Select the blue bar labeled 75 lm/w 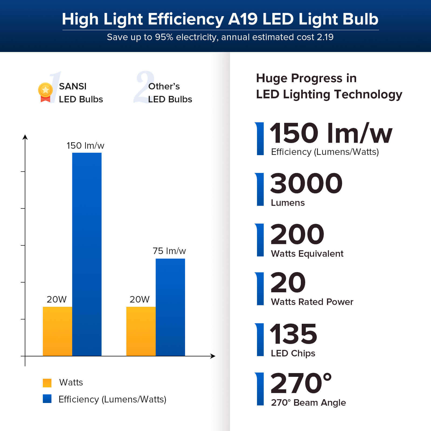point(170,307)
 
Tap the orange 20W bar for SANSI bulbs point(57,331)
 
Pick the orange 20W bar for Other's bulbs point(141,331)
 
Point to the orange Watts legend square point(47,383)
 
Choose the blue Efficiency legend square point(47,399)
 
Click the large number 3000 point(306,183)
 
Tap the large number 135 point(293,334)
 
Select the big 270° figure point(301,383)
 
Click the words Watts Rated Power point(312,302)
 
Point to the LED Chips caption point(293,353)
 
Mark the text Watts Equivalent point(307,254)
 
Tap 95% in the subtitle point(164,37)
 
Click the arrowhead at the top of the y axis point(25,137)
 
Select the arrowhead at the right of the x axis point(213,356)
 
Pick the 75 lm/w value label point(169,251)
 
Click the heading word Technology point(368,95)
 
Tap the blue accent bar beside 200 point(260,240)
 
